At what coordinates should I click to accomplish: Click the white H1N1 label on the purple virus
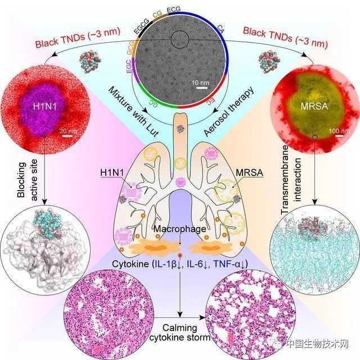point(45,106)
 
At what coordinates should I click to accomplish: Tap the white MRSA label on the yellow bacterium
point(314,106)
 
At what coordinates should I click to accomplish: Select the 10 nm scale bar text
point(200,83)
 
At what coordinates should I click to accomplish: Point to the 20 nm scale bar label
point(68,131)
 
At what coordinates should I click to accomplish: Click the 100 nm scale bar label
point(339,131)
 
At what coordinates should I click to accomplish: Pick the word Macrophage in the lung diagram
point(180,229)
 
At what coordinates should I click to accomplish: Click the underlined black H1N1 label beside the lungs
point(112,173)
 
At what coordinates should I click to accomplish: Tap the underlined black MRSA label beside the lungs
point(249,173)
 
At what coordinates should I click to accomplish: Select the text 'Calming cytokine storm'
point(180,332)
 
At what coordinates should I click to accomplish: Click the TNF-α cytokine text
point(230,264)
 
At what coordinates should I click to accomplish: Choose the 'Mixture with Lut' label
point(133,111)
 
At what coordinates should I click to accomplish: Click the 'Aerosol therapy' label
point(229,111)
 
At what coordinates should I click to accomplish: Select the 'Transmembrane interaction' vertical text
point(291,180)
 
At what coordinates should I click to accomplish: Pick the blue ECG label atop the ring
point(174,10)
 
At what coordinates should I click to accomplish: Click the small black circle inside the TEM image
point(180,39)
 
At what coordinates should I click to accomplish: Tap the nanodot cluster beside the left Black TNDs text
point(90,62)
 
